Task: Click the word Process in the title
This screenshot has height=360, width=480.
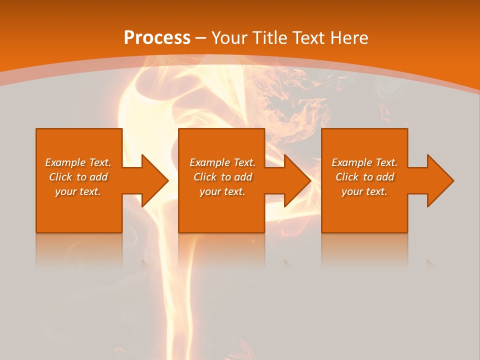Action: click(157, 38)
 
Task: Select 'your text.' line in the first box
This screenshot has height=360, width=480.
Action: click(78, 191)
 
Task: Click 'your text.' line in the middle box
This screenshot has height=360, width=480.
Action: click(222, 191)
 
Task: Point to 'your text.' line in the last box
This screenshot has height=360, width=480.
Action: click(364, 191)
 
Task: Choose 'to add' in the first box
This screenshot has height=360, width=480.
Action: click(92, 177)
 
